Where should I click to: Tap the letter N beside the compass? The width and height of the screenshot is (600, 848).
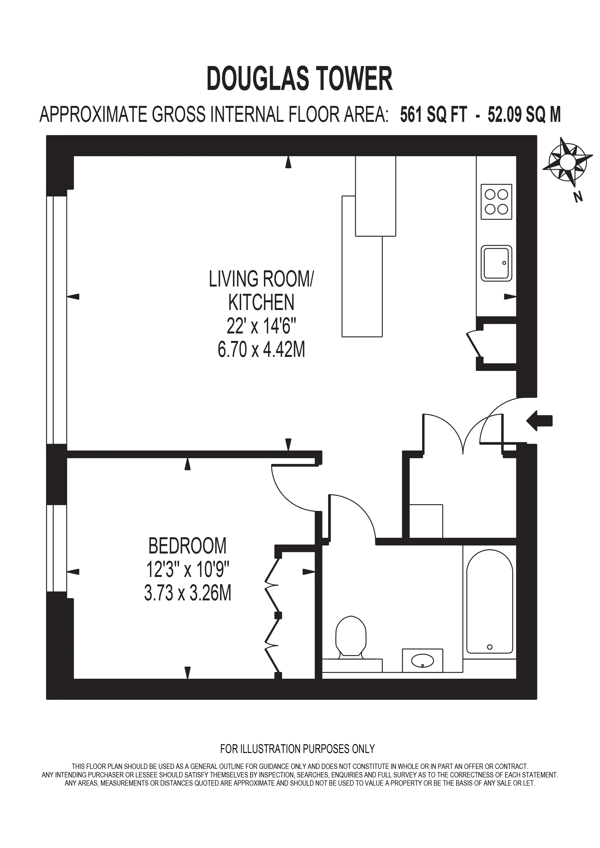pyautogui.click(x=578, y=197)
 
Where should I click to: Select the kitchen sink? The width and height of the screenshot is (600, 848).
pyautogui.click(x=496, y=263)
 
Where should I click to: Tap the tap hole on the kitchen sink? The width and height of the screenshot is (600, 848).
pyautogui.click(x=504, y=263)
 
